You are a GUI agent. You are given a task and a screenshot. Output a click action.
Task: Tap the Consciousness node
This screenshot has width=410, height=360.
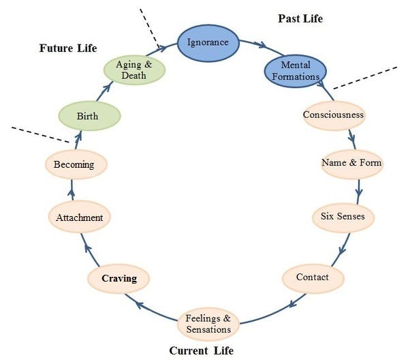pyautogui.click(x=334, y=115)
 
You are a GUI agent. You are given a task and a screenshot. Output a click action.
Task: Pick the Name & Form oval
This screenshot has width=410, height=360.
pyautogui.click(x=351, y=164)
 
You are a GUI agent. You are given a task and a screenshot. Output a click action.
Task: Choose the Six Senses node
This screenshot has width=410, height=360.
pyautogui.click(x=343, y=217)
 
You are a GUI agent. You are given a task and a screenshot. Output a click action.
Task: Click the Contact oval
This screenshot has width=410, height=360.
pyautogui.click(x=313, y=277)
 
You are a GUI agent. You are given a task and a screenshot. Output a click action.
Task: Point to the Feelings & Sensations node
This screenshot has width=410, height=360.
pyautogui.click(x=208, y=324)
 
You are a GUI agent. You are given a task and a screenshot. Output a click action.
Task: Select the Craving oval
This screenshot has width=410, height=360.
pyautogui.click(x=119, y=279)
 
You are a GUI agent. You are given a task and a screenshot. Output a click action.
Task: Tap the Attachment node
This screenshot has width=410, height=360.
pyautogui.click(x=80, y=218)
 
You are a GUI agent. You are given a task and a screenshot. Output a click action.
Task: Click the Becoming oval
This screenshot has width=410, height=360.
pyautogui.click(x=74, y=165)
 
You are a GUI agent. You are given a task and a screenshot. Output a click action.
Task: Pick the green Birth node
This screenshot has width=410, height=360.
pyautogui.click(x=89, y=116)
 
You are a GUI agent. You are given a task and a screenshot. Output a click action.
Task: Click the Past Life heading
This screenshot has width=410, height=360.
pyautogui.click(x=300, y=18)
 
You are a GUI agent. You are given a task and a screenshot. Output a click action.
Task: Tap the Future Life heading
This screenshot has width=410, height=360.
pyautogui.click(x=67, y=48)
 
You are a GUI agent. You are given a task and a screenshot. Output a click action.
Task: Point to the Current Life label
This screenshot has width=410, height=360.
pyautogui.click(x=201, y=350)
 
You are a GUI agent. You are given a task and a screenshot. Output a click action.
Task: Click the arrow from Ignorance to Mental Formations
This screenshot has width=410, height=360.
pyautogui.click(x=255, y=44)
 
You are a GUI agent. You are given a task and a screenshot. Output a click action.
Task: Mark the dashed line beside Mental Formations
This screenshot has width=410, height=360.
pyautogui.click(x=364, y=77)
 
